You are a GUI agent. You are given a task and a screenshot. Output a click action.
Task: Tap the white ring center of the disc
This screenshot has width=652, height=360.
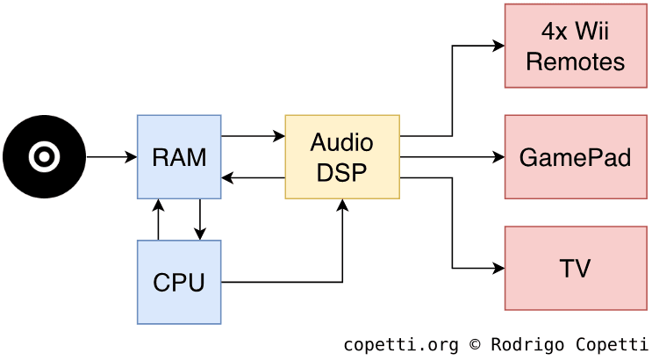(x=44, y=157)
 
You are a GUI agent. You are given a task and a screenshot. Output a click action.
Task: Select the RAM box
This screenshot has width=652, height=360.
(x=179, y=157)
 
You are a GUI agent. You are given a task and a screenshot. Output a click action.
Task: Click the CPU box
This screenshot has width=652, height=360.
(x=179, y=282)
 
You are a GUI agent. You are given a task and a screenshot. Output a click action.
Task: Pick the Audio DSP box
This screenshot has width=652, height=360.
(x=342, y=157)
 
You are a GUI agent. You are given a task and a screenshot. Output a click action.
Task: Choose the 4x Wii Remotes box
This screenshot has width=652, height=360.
(x=575, y=46)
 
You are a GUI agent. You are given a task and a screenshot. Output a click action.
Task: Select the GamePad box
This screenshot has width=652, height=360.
(x=575, y=157)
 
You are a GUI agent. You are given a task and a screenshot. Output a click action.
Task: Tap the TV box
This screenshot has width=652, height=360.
(x=575, y=268)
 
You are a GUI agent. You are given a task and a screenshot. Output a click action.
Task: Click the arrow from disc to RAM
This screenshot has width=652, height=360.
(x=111, y=157)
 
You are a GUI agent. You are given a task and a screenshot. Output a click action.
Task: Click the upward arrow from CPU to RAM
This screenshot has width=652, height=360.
(x=158, y=220)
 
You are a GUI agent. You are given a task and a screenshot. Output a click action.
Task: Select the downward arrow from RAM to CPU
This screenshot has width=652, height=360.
(x=200, y=220)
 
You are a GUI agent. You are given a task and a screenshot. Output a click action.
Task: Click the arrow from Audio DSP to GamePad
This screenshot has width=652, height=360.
(x=452, y=157)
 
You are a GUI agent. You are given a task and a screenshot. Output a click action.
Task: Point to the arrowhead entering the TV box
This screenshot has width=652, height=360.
(x=499, y=268)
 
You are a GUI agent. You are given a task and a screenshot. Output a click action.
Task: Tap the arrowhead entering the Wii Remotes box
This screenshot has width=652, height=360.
(x=499, y=46)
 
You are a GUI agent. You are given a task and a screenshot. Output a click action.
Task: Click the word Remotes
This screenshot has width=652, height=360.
(x=575, y=61)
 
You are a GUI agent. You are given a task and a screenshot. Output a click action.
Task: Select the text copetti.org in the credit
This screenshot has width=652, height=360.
(x=400, y=344)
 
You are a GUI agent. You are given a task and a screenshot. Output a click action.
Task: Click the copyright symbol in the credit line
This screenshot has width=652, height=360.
(x=475, y=344)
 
